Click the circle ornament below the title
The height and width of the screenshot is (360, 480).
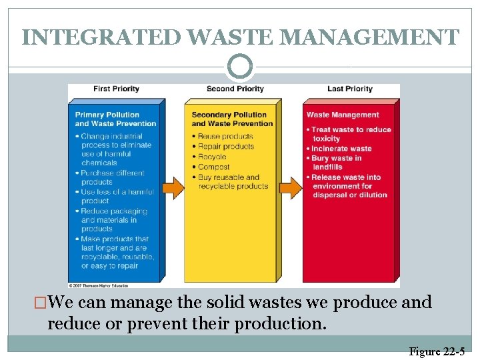point(240,67)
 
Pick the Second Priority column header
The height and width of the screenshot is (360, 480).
point(235,89)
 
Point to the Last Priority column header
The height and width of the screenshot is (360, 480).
point(349,89)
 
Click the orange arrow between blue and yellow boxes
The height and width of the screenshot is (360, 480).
point(173,187)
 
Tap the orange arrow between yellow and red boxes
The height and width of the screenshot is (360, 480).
point(291,187)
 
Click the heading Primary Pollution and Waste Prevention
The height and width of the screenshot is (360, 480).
point(115,119)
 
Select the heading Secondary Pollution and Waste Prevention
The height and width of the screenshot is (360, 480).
point(232,119)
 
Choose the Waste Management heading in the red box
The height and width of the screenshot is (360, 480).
point(343,115)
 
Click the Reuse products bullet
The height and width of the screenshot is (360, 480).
point(226,136)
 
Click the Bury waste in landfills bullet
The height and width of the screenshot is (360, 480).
point(337,162)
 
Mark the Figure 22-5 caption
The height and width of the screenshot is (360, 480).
point(437,351)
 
